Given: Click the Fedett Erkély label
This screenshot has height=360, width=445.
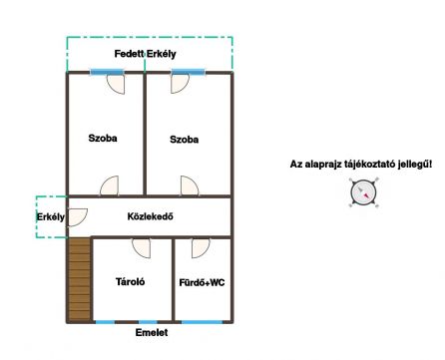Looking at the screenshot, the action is (x=145, y=54).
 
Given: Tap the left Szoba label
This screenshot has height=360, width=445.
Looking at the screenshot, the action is (x=103, y=138).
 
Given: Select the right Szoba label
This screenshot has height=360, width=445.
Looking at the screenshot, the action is (x=184, y=140).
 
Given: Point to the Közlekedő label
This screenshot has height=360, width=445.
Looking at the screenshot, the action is (x=150, y=216).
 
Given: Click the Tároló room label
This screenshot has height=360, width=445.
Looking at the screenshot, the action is (x=130, y=282).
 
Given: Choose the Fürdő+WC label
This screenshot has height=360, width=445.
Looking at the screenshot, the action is (x=202, y=282).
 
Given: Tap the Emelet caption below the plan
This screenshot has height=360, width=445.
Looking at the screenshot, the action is (x=152, y=332).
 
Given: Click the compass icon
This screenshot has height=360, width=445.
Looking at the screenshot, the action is (x=363, y=192).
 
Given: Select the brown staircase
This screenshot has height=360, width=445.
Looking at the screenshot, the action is (x=79, y=279).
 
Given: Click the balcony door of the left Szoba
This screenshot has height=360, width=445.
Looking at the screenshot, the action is (x=116, y=84).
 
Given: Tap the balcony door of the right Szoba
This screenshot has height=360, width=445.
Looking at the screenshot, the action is (x=180, y=84).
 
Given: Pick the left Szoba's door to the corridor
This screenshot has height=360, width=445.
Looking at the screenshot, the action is (x=109, y=185).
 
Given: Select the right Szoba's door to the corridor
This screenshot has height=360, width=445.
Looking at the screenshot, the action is (x=190, y=185).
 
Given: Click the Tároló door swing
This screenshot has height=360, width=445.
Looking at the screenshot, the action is (x=141, y=248).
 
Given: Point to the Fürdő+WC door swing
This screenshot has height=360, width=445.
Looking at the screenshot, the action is (x=201, y=248).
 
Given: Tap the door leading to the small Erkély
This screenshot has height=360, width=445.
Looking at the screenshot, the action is (x=78, y=217).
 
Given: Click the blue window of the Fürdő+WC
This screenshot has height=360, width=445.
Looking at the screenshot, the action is (x=202, y=322).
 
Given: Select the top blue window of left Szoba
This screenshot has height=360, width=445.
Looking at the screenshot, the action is (x=107, y=72).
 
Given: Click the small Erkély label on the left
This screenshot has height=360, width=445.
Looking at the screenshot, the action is (x=51, y=217).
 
